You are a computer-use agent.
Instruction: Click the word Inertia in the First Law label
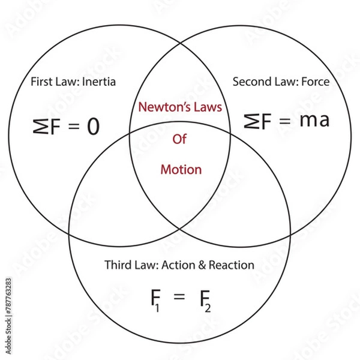tap(97, 82)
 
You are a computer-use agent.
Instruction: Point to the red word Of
tap(179, 139)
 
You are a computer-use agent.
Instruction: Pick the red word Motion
tap(181, 170)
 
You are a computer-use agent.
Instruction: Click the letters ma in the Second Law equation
tap(314, 120)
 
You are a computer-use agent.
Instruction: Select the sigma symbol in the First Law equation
tap(39, 126)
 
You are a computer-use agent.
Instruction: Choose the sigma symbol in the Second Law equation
tap(252, 121)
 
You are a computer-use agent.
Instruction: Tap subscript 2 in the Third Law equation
tap(208, 307)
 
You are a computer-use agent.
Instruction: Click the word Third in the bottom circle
tap(118, 265)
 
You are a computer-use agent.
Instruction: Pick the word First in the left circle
tap(41, 82)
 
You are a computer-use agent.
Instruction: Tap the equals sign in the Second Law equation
tap(285, 121)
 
